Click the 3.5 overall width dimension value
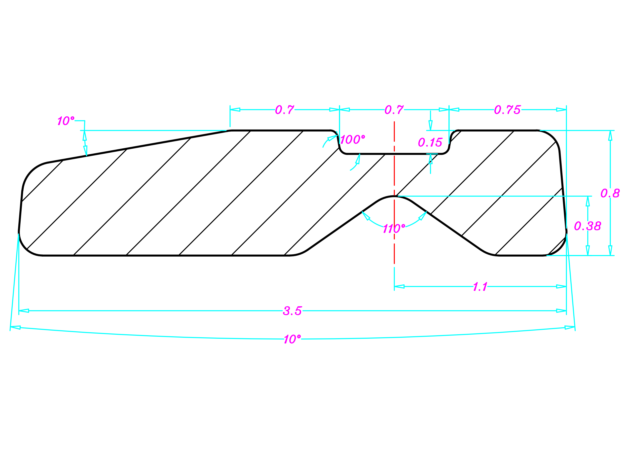[292, 311]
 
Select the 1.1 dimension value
[480, 287]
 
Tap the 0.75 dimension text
[507, 110]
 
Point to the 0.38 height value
[588, 226]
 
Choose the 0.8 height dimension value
[610, 193]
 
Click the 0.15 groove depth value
[430, 142]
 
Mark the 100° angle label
[352, 139]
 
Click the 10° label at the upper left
[66, 121]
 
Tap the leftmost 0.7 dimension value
[285, 110]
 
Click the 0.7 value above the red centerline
[394, 110]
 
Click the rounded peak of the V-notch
[394, 196]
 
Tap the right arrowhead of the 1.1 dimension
[561, 287]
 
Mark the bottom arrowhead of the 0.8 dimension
[610, 250]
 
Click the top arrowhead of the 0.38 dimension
[588, 201]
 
